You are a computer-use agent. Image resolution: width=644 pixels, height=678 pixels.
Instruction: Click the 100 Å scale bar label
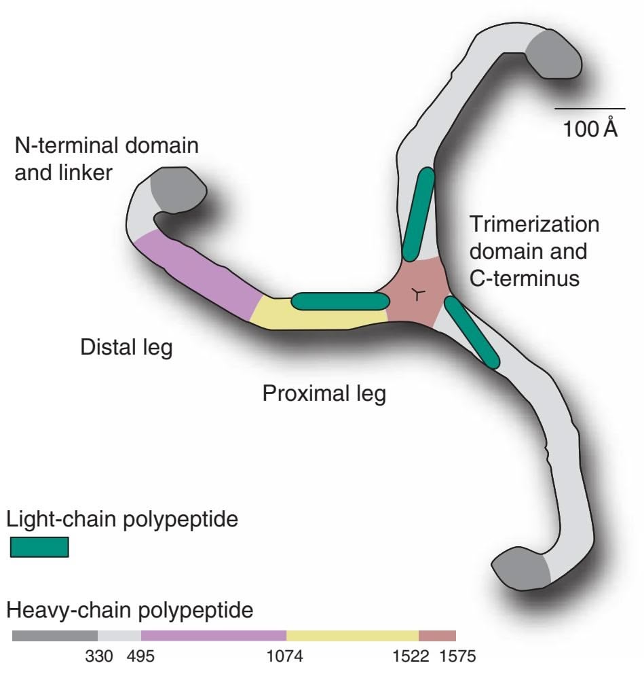click(x=590, y=128)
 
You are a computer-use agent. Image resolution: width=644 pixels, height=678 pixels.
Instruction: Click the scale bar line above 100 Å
click(x=589, y=108)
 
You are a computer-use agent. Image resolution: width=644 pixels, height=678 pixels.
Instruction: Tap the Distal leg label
click(x=126, y=348)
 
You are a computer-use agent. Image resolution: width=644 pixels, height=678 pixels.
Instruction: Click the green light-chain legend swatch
click(x=39, y=547)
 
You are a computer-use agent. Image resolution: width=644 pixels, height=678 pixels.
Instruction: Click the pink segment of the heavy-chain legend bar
click(x=437, y=636)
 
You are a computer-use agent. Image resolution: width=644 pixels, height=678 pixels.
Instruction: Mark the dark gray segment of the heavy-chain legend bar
click(x=55, y=636)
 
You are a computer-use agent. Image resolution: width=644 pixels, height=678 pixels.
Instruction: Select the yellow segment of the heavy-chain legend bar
click(x=352, y=636)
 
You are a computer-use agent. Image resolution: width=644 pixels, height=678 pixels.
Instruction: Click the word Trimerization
click(x=535, y=225)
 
